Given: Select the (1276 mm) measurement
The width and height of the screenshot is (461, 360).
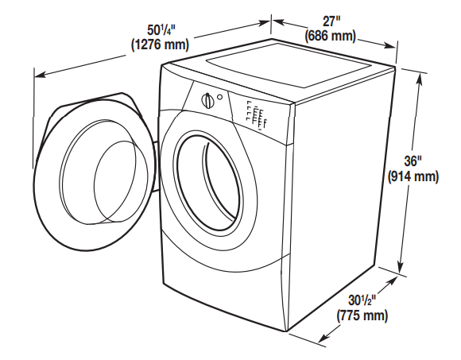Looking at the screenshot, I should point(159,45).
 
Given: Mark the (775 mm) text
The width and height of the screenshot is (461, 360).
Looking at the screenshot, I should point(362,315).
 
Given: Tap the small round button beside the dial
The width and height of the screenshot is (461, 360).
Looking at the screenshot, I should point(220,98).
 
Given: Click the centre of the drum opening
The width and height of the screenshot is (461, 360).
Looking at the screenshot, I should point(208,179).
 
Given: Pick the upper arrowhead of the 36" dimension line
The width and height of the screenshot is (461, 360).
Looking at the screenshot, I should point(418,72).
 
